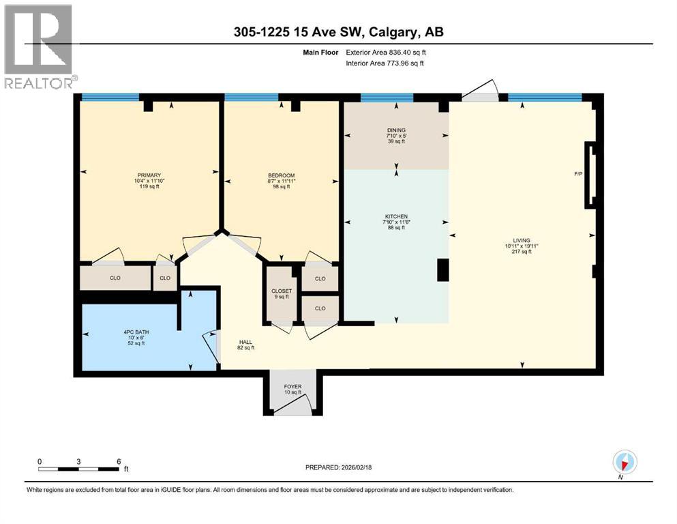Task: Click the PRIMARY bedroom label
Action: [148, 175]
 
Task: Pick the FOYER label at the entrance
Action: [292, 387]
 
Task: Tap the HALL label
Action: [245, 342]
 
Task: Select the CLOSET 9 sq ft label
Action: [282, 291]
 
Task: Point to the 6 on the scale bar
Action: [119, 461]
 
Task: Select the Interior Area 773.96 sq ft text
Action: [385, 63]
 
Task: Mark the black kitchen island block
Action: [442, 270]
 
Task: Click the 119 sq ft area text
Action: [148, 186]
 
